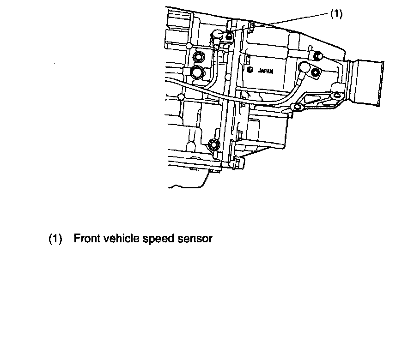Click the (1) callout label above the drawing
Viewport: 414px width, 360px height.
pos(336,14)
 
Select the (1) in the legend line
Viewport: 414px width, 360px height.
pos(55,239)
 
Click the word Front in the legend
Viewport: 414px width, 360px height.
pos(86,239)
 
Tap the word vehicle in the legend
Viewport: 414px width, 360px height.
pos(120,239)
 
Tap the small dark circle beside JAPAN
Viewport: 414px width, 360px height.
pos(250,70)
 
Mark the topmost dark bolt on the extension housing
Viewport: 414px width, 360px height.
pos(317,56)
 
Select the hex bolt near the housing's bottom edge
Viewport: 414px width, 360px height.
pos(213,144)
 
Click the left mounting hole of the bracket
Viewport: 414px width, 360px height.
pos(297,108)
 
